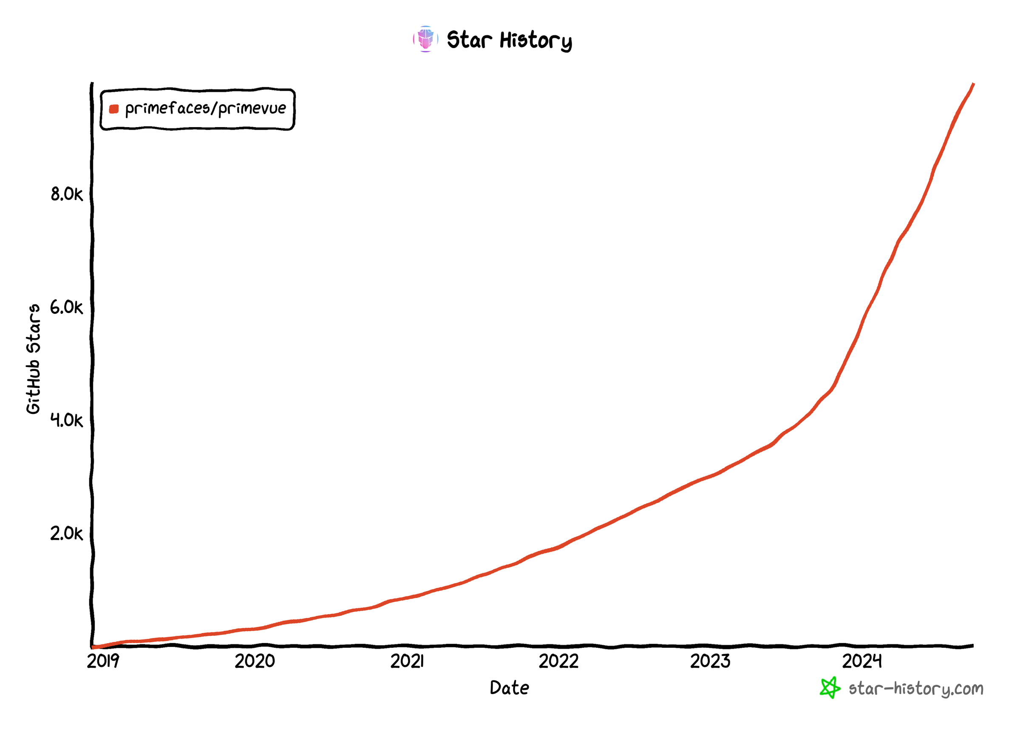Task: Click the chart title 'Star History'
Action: click(509, 40)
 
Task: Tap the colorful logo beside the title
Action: click(425, 39)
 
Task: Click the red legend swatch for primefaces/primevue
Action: click(114, 108)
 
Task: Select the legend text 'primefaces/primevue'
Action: click(205, 108)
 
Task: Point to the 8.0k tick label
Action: click(66, 194)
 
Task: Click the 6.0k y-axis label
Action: click(66, 308)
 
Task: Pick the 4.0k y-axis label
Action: click(66, 421)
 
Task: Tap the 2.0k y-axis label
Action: click(66, 534)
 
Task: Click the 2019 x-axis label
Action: click(103, 661)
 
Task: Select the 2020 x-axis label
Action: click(254, 661)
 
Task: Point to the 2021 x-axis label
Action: click(406, 661)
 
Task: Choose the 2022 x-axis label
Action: click(558, 661)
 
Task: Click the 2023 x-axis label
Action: click(710, 661)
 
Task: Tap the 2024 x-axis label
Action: click(861, 661)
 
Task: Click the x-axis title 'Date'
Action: click(509, 688)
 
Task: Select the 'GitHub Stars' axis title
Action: click(34, 359)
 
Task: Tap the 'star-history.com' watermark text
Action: click(915, 689)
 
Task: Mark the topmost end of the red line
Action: click(973, 84)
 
